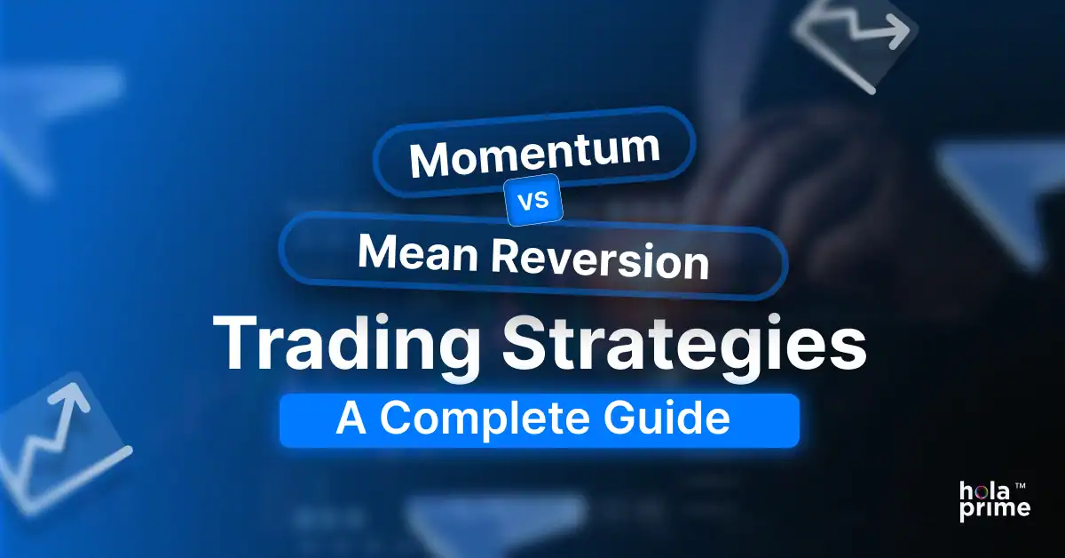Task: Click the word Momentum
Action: (x=534, y=155)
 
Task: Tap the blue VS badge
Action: (x=532, y=202)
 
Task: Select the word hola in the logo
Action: (x=982, y=490)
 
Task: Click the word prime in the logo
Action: (x=995, y=509)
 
